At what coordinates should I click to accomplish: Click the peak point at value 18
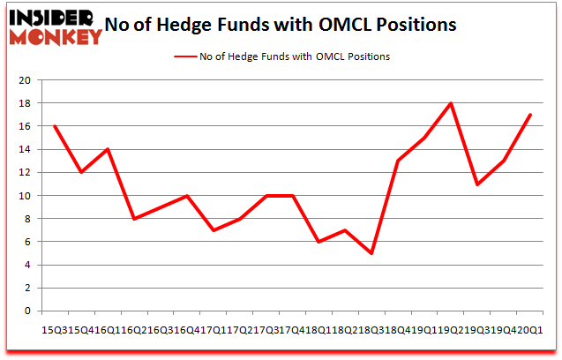[x=451, y=103]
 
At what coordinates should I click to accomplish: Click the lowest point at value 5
[x=371, y=253]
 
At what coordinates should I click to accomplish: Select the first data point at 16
[x=55, y=126]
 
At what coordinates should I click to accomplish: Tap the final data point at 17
[x=530, y=115]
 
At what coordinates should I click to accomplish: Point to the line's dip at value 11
[x=477, y=184]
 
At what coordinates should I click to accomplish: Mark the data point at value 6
[x=318, y=242]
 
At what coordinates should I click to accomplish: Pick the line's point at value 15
[x=424, y=138]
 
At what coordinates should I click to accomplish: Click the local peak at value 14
[x=108, y=149]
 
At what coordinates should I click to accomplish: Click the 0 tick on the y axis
[x=28, y=311]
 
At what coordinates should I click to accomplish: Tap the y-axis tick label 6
[x=28, y=242]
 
